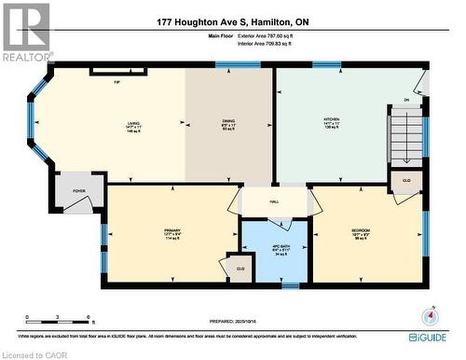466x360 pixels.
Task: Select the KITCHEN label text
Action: (x=332, y=120)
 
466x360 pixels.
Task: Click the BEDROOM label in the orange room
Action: (x=361, y=230)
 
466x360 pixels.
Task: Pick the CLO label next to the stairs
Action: (x=406, y=179)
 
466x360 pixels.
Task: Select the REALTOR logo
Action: (x=26, y=33)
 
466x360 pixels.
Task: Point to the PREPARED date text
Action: (x=234, y=314)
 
